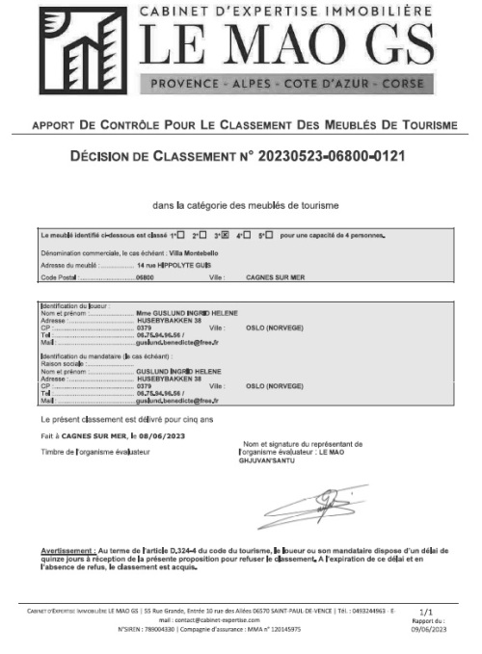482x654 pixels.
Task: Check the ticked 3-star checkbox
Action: click(x=225, y=235)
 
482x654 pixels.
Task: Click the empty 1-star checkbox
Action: click(x=180, y=235)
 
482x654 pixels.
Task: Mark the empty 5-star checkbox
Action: click(x=270, y=235)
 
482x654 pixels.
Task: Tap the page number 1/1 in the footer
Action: click(x=427, y=611)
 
